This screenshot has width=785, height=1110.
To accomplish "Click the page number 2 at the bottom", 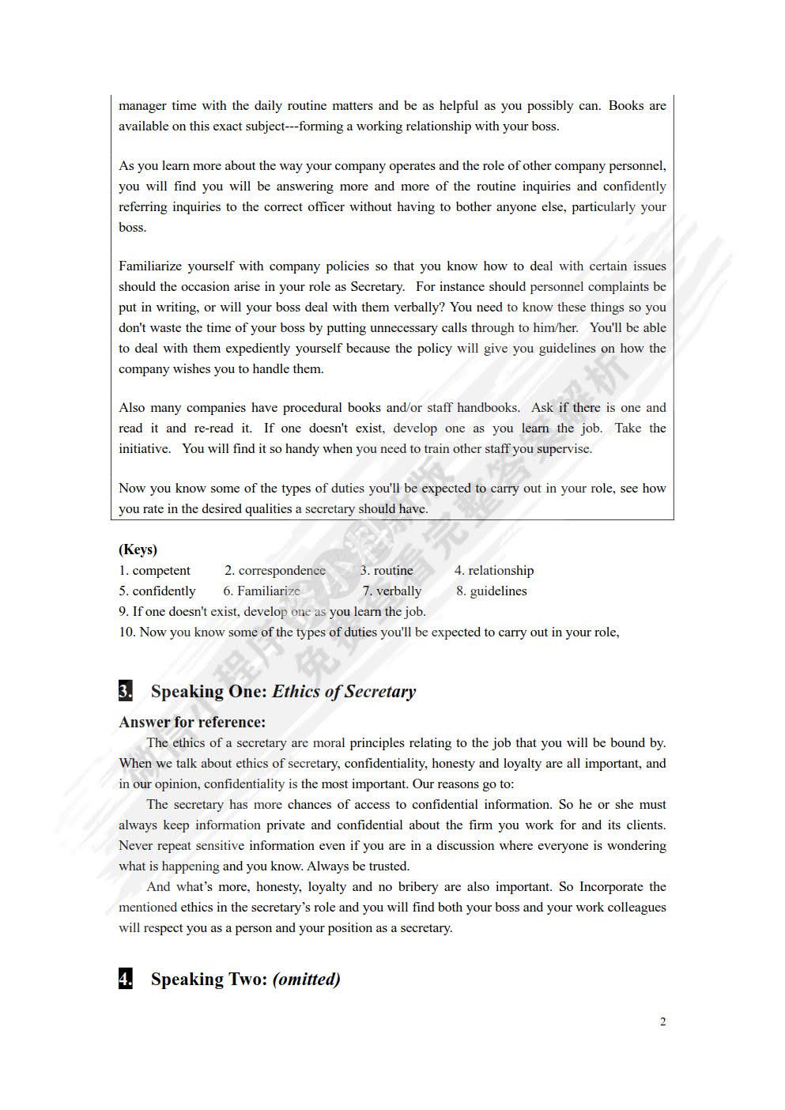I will point(662,1021).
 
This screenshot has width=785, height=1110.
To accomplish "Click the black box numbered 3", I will point(126,691).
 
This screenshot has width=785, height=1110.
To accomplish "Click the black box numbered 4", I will point(126,979).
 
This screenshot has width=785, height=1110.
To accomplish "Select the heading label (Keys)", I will point(138,549).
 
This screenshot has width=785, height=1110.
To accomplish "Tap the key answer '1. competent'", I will point(154,570).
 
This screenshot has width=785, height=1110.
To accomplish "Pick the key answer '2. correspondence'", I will point(274,570).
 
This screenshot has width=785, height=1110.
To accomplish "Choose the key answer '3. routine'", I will point(387,570).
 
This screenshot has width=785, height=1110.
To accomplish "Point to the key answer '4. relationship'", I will point(493,570).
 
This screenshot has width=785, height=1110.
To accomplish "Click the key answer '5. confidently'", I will point(157,591).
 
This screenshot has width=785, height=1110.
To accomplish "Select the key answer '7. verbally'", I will point(392,591).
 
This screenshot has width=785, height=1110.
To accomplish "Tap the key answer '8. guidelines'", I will point(491,591).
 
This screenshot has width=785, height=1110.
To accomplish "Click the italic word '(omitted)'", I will point(307,979).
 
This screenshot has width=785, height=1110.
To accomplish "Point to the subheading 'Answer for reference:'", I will point(192,722).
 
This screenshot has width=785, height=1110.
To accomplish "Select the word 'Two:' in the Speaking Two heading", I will point(243,979).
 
